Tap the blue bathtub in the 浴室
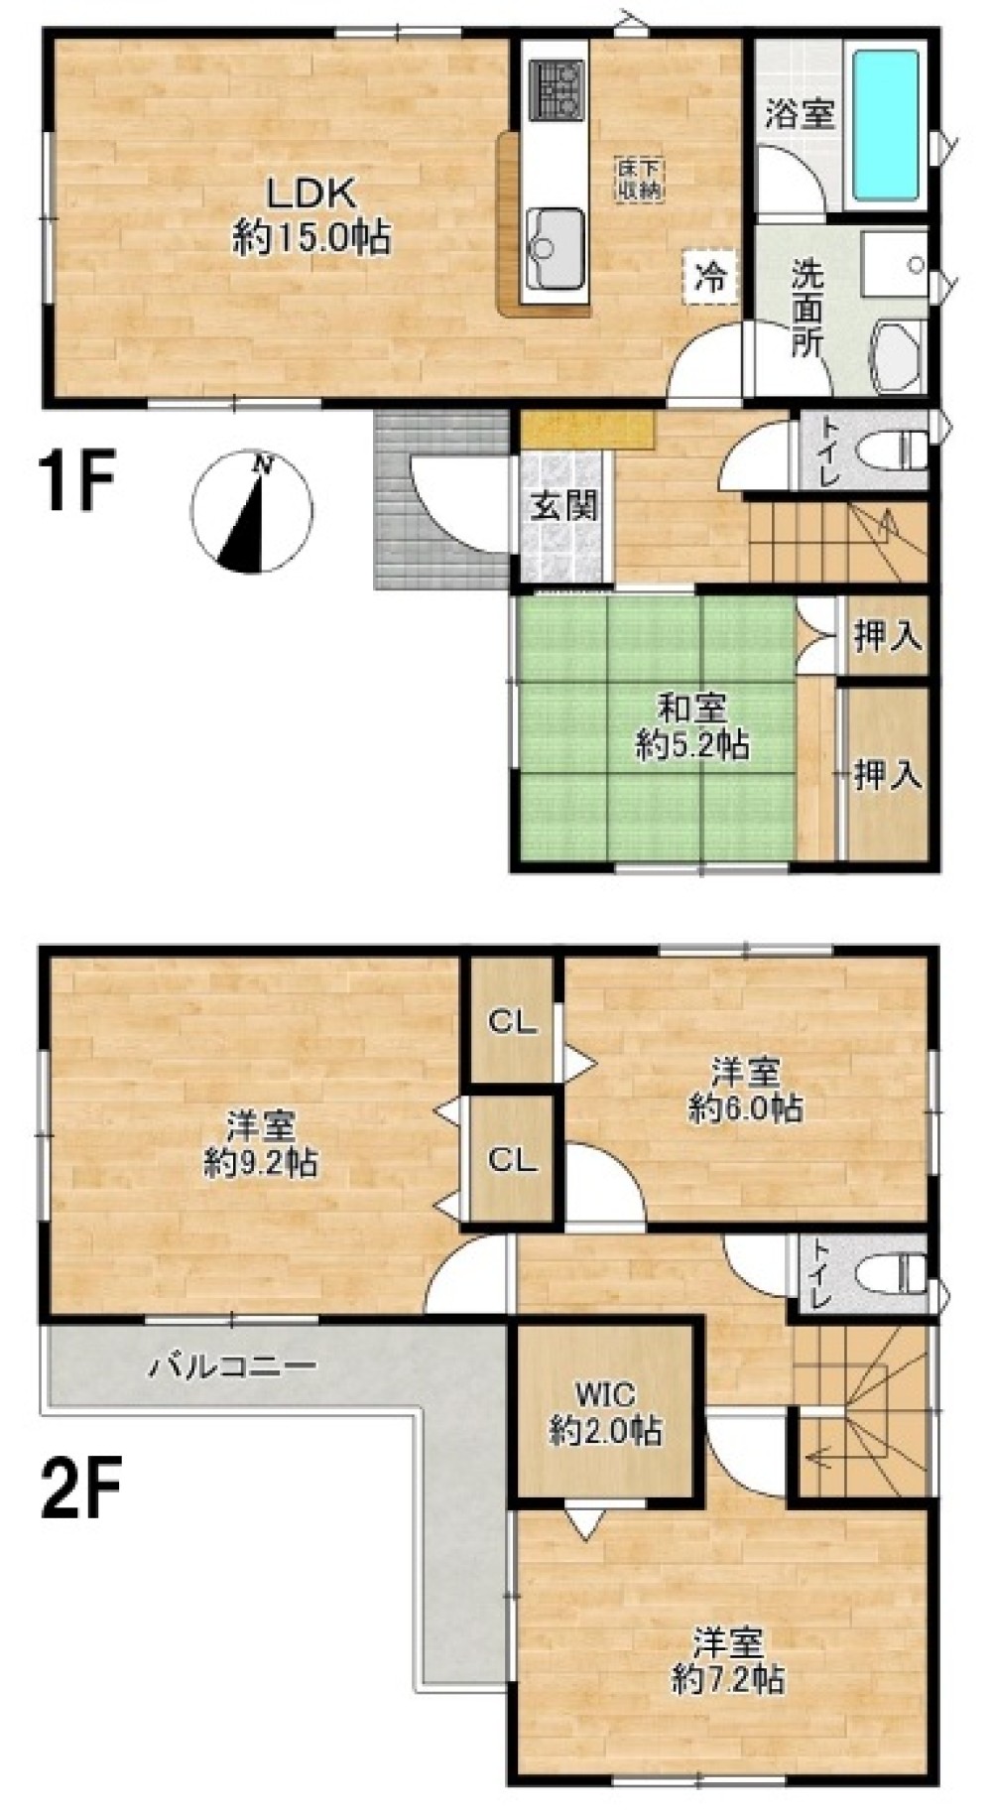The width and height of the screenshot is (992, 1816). [x=886, y=126]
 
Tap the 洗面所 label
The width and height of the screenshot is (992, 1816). [x=807, y=308]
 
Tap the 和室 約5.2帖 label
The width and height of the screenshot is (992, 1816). [x=692, y=726]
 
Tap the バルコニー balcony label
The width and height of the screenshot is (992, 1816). [x=234, y=1367]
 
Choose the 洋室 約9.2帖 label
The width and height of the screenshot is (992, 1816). [x=261, y=1144]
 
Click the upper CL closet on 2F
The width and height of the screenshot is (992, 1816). [x=511, y=1021]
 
